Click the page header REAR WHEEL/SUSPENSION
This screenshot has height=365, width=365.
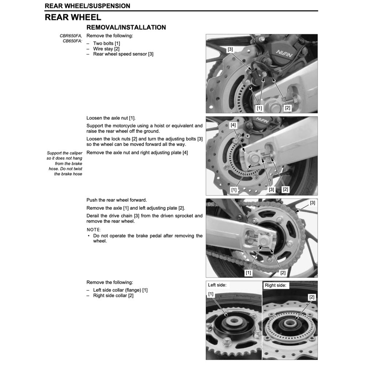(x=87, y=6)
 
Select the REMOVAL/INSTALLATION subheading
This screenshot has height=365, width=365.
(x=126, y=27)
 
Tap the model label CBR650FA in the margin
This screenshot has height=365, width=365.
(x=71, y=36)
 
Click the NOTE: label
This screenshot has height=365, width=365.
(x=93, y=230)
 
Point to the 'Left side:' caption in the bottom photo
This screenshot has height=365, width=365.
(x=217, y=285)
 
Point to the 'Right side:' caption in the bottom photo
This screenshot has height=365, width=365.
(x=275, y=285)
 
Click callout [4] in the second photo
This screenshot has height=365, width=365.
(x=234, y=125)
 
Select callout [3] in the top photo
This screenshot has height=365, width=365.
(x=230, y=49)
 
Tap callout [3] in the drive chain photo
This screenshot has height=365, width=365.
(x=312, y=203)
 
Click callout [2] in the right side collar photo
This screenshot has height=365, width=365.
(x=311, y=297)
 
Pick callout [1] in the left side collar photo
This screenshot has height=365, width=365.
(x=211, y=294)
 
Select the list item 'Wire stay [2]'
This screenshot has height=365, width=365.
(x=106, y=49)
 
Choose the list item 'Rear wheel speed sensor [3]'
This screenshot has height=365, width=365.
(x=123, y=54)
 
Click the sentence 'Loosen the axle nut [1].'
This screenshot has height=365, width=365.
(x=111, y=118)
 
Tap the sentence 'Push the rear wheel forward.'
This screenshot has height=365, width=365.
(x=116, y=200)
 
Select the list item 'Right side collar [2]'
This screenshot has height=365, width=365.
(x=113, y=295)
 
